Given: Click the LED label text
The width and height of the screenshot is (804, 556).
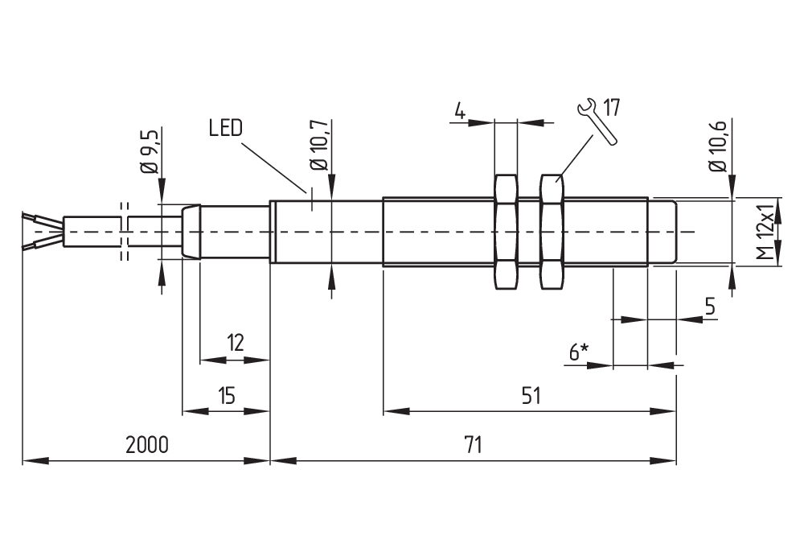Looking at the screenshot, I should tap(225, 129).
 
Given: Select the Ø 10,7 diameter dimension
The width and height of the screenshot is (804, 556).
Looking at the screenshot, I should tap(319, 144).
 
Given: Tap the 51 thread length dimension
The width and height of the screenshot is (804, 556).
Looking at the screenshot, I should tap(530, 395).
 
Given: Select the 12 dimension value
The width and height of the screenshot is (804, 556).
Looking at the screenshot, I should tap(234, 344).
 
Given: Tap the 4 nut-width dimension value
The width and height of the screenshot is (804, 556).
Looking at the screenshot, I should tap(459, 110).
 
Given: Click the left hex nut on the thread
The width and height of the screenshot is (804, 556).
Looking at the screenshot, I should tap(506, 232).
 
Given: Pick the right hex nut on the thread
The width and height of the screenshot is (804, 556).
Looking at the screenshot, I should tap(552, 232).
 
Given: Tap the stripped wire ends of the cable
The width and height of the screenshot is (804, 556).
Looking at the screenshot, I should tap(39, 231).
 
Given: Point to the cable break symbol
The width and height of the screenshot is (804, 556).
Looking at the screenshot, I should tap(124, 232).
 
